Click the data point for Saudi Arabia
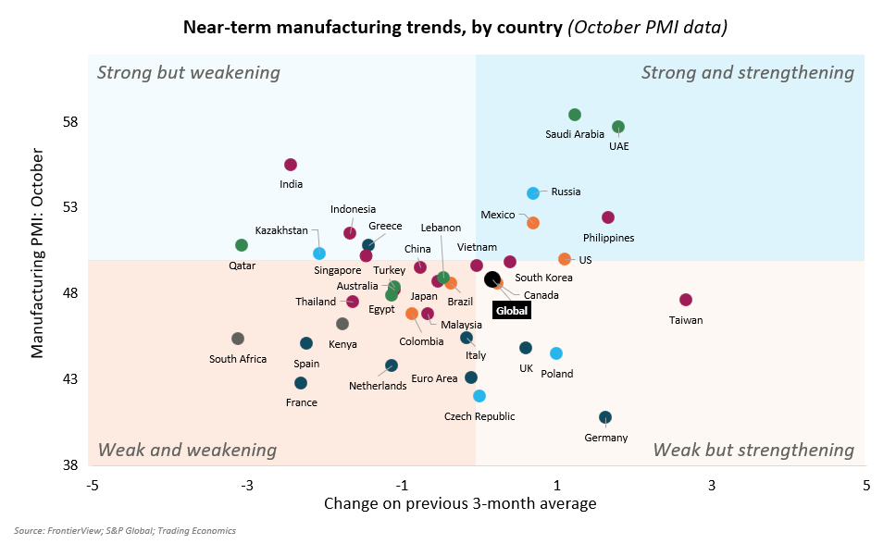[574, 115]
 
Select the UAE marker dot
[618, 127]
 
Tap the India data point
[290, 165]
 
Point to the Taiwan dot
[685, 300]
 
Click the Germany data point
[604, 417]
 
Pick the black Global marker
[492, 279]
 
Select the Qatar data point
[242, 245]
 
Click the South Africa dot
[238, 339]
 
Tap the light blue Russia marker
[533, 193]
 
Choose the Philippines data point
[608, 217]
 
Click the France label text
[302, 402]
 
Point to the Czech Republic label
[479, 416]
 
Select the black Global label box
[511, 311]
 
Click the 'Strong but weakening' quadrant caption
[188, 72]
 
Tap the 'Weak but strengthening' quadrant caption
[753, 451]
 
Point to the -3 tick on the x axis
[247, 485]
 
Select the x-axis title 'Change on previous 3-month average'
[460, 504]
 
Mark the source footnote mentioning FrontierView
[124, 531]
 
